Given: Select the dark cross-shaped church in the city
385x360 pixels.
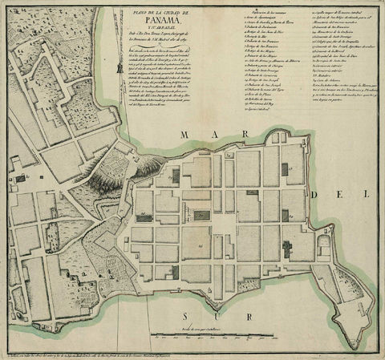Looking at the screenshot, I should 287,248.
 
